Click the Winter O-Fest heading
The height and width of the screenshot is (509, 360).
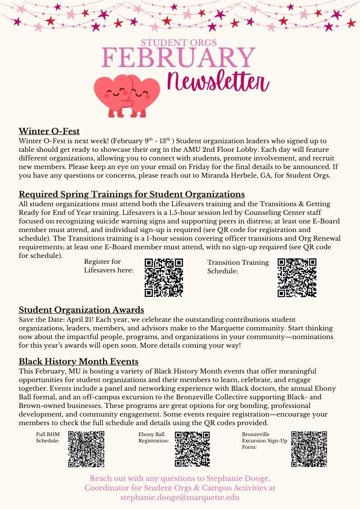tap(49, 131)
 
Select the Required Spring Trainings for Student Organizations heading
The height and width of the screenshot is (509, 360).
tap(131, 194)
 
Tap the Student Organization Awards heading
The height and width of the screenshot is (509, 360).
tap(81, 310)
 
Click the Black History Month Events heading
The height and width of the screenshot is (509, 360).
tap(78, 362)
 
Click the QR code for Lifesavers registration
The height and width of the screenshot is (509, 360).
tap(164, 277)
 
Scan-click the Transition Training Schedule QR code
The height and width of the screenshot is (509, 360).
tap(297, 277)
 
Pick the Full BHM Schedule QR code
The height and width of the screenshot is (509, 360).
tap(86, 449)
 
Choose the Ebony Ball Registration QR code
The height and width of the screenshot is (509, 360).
tap(192, 449)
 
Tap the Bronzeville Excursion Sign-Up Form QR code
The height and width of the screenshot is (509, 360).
tap(309, 449)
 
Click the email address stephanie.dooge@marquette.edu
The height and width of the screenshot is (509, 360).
tap(180, 497)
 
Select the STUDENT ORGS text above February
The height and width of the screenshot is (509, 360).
tap(179, 43)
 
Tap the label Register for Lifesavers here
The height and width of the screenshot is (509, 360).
tap(109, 266)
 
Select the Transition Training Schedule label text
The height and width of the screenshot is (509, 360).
tap(238, 267)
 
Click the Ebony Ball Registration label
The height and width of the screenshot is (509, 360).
tap(154, 437)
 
